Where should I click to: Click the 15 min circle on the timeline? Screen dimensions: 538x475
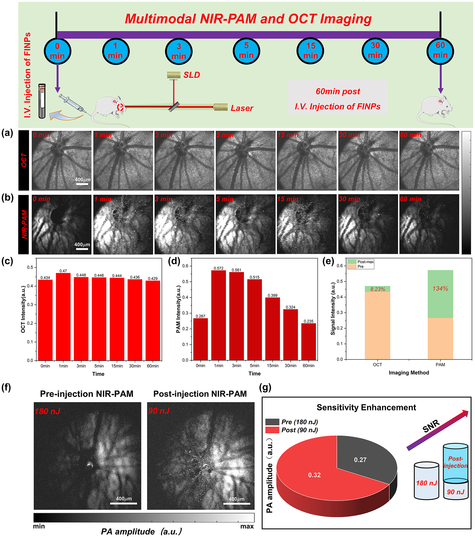(310, 51)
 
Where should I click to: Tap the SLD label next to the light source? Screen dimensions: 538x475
(192, 75)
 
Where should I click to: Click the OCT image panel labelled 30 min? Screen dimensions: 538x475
(368, 161)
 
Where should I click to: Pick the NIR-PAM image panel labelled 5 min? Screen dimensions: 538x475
(245, 224)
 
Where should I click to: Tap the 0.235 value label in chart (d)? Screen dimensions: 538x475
(308, 321)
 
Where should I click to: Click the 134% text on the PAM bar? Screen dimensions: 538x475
(440, 289)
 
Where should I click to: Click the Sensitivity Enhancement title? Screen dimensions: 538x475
(366, 407)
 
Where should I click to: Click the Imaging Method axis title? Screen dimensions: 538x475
(409, 372)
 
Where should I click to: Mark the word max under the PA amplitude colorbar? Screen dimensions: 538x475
(247, 526)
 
